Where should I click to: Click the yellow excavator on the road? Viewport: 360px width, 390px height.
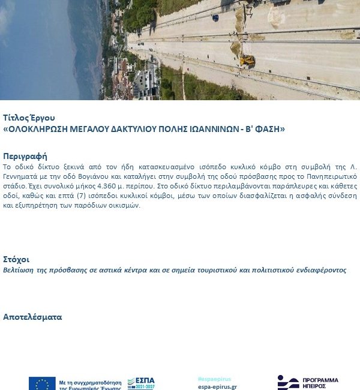tap(247, 61)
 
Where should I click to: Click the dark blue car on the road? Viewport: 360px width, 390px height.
tap(215, 17)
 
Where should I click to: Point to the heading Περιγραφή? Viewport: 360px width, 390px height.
tap(25, 156)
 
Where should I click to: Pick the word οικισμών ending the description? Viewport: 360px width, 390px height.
tap(124, 205)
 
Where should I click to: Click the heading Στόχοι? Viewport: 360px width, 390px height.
tap(16, 260)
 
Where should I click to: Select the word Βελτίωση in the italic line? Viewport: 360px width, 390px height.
tap(19, 270)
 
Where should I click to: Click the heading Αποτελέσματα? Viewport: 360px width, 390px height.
tap(32, 317)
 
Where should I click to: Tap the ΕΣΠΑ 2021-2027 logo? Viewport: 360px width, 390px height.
tap(141, 383)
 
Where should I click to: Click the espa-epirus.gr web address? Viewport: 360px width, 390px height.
tap(217, 387)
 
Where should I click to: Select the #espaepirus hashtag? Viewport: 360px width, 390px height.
tap(213, 379)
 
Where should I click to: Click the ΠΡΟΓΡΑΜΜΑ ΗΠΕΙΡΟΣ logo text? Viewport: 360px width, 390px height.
tap(320, 383)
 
